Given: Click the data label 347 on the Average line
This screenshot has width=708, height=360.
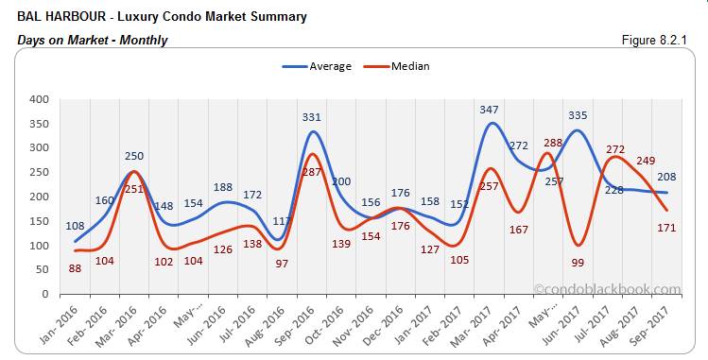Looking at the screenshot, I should click(490, 111).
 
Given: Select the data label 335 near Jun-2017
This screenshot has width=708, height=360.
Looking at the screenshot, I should click(578, 116).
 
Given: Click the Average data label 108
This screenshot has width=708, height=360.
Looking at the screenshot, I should click(76, 226).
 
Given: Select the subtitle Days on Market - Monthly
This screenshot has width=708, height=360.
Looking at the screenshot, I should click(93, 40).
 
